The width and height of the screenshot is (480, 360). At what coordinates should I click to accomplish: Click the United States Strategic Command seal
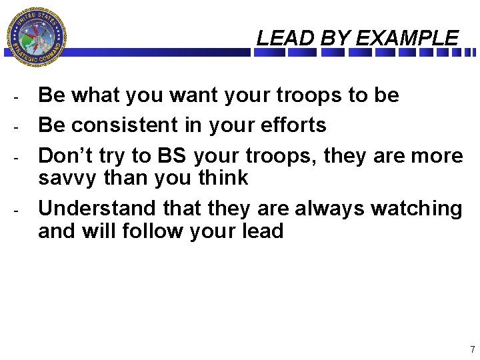coord(36,37)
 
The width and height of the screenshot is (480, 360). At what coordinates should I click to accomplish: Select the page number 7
coord(472,349)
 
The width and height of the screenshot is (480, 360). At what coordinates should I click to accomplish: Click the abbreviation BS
coord(172,155)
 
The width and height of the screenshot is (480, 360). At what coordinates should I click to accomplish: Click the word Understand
coord(96,209)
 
